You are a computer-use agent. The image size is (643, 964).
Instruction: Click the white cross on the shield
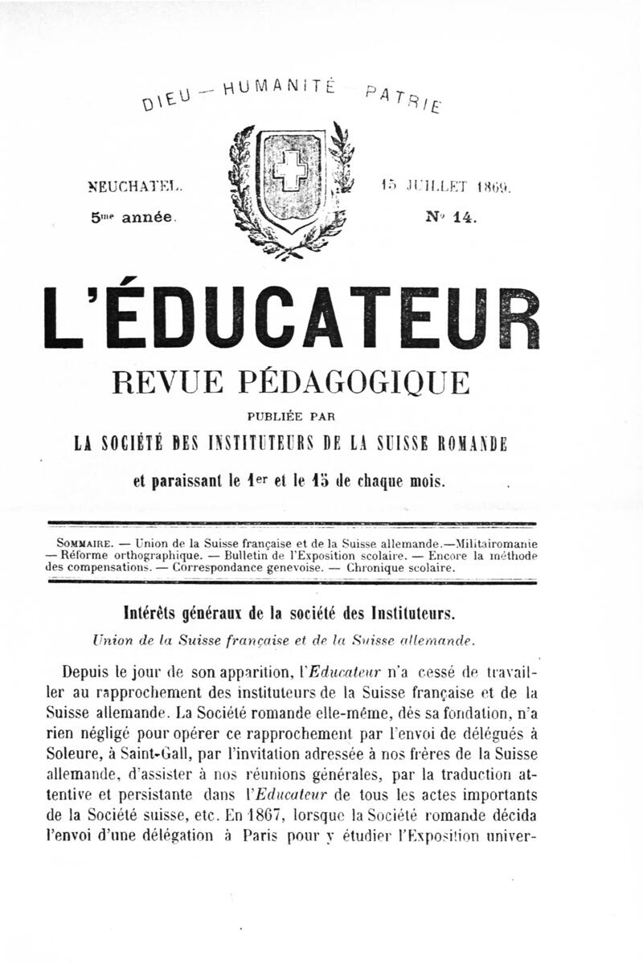coord(287,170)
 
